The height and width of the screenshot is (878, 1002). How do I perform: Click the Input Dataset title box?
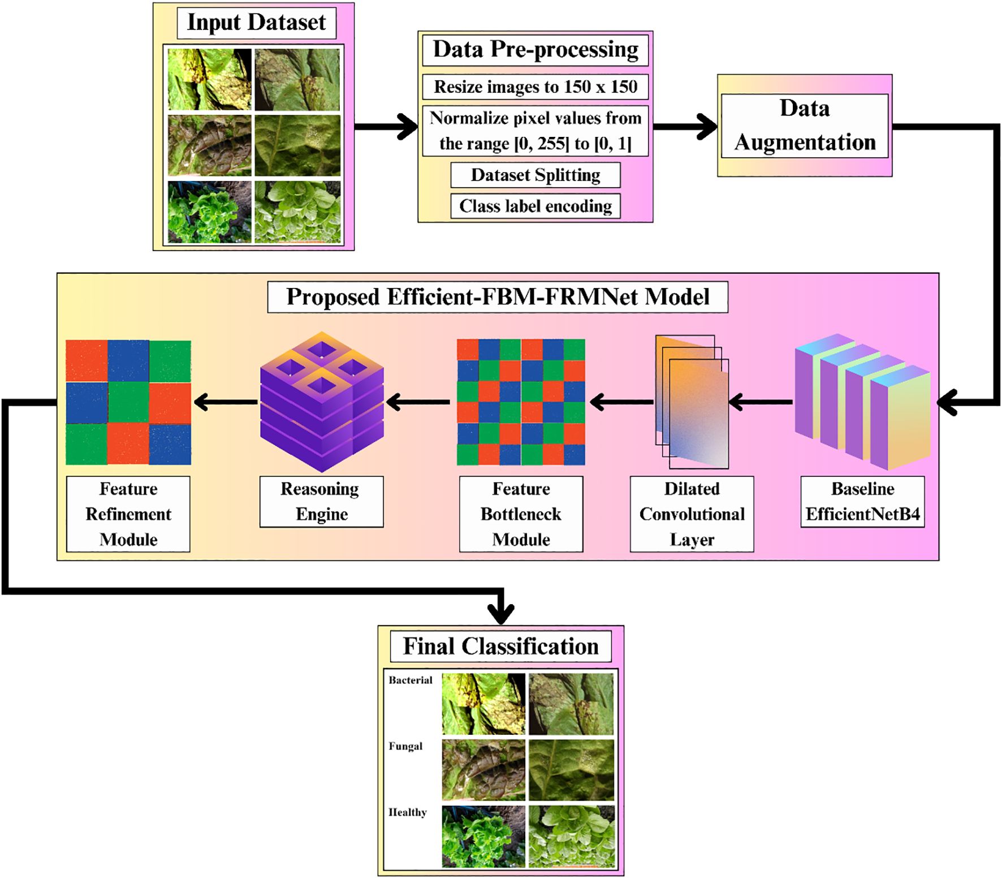coord(256,23)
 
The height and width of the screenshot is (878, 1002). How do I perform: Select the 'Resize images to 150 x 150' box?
coord(535,87)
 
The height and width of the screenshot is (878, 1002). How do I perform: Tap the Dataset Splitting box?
coord(535,175)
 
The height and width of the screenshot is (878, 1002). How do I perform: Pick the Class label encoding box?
coord(535,206)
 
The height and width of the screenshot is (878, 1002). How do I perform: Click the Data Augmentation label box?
coord(804,126)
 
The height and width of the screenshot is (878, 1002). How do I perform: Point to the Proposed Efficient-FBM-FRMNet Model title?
coord(497,297)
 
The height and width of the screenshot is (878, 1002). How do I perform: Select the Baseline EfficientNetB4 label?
coord(862,502)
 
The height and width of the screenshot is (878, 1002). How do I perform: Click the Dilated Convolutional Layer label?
coord(692,514)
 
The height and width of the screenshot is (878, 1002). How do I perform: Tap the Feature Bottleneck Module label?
coord(521,514)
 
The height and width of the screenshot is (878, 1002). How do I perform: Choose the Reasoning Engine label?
coord(321,502)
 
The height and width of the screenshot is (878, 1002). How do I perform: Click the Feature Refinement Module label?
coord(128,514)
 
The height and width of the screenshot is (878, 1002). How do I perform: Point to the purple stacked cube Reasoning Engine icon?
coord(322,402)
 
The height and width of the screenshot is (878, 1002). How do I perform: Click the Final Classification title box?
coord(500,647)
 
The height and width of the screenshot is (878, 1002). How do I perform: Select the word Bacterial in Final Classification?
coord(410,680)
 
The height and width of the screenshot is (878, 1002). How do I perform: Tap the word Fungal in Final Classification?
coord(405,746)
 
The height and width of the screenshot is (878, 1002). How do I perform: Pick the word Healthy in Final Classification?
coord(407,812)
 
